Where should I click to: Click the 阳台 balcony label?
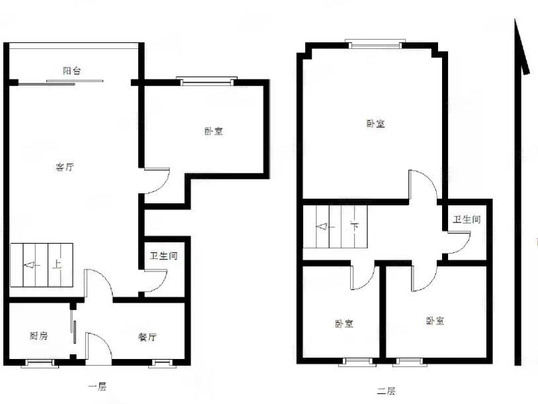point(72,71)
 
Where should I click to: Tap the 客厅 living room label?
point(64,168)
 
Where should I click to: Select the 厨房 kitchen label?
point(38,336)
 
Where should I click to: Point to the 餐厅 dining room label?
point(148,337)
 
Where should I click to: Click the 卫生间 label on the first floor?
point(163,256)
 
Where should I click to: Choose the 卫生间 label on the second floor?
point(467,219)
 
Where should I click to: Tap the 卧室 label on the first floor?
point(214,131)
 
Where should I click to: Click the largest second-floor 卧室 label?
point(376,124)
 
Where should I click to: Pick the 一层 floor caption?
point(97,387)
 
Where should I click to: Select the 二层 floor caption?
point(386,391)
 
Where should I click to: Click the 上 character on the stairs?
point(57,264)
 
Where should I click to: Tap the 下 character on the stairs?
point(354,227)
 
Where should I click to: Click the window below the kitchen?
point(40,363)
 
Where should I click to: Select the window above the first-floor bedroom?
point(206,81)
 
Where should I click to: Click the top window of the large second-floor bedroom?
point(375,44)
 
